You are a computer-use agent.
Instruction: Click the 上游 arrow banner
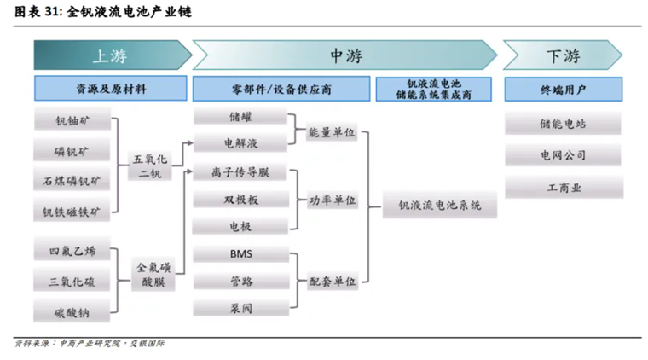[x=111, y=55]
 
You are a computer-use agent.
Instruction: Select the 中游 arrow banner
[x=345, y=55]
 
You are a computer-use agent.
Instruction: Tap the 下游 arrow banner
[x=563, y=55]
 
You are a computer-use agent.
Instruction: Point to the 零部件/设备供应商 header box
[x=281, y=89]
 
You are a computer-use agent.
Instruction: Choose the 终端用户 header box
[x=563, y=89]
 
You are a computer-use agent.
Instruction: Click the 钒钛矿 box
[x=72, y=120]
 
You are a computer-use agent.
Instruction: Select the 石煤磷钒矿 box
[x=72, y=180]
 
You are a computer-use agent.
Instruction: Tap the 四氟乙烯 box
[x=72, y=251]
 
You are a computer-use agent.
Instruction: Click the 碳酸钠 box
[x=72, y=311]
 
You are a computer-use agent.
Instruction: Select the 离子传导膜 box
[x=240, y=171]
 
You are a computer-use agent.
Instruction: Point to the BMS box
[x=240, y=254]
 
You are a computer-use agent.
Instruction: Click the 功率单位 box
[x=333, y=200]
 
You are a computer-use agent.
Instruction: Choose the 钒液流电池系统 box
[x=439, y=206]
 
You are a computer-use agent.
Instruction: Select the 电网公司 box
[x=563, y=155]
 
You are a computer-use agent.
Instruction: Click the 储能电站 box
[x=563, y=124]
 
